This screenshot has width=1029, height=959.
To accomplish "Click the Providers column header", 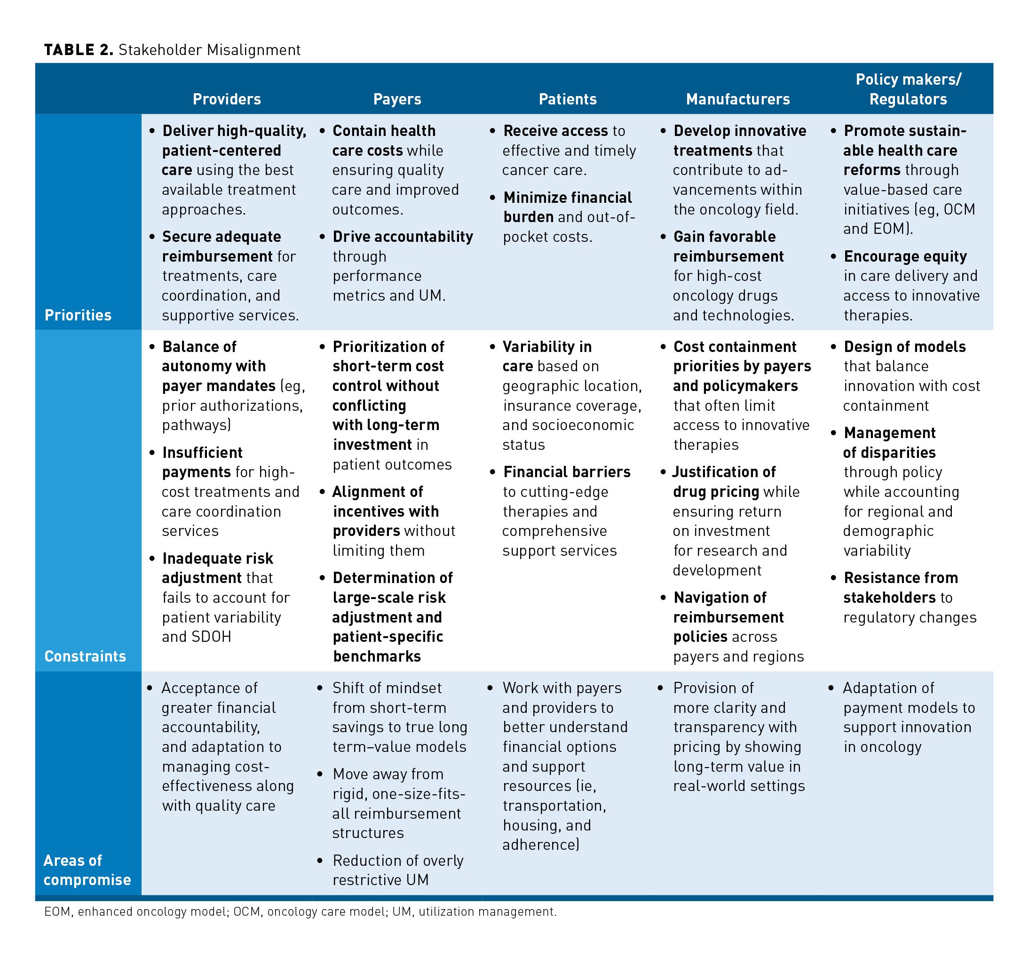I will (x=227, y=99).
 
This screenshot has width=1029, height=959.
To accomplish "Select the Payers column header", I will (x=397, y=99).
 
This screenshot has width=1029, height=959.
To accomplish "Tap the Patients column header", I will (x=567, y=99).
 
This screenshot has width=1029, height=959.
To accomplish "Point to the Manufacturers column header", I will (x=737, y=99).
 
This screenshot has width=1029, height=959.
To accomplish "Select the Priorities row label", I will (x=78, y=315).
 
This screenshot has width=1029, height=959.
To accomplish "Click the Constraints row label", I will (x=85, y=656).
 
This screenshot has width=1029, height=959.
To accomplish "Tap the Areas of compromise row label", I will (x=87, y=870).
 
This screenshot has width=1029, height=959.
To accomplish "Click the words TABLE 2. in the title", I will (x=78, y=50).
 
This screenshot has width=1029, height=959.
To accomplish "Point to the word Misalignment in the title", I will (x=253, y=50).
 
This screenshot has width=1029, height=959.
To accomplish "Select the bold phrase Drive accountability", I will (x=403, y=237).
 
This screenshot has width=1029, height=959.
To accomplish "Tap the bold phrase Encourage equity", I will (x=905, y=256).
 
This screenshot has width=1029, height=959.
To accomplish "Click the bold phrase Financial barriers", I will (x=567, y=472).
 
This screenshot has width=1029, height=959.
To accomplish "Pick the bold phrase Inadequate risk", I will (x=217, y=558).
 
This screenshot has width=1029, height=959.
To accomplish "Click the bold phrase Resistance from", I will (x=901, y=577).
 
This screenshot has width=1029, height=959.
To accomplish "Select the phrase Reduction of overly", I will (x=397, y=860).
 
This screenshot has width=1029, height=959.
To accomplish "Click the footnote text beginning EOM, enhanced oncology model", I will (x=300, y=911).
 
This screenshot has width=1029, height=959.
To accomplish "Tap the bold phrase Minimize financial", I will (x=567, y=197).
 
